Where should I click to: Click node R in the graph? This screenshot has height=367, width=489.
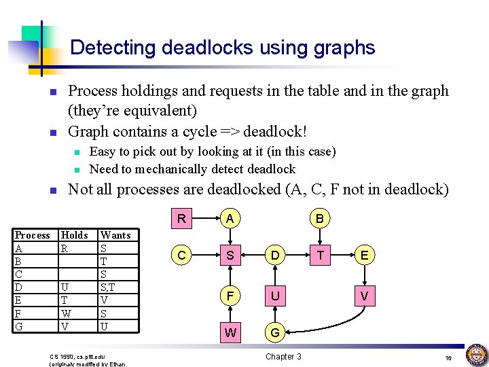tap(181, 219)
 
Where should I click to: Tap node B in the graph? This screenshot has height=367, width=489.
tap(319, 219)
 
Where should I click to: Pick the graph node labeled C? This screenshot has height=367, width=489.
tap(181, 256)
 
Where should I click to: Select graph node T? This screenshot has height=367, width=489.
tap(319, 256)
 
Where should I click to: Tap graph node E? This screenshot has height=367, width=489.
tap(365, 256)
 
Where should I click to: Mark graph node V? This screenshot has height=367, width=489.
tap(365, 296)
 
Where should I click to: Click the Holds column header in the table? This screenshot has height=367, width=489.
tap(74, 235)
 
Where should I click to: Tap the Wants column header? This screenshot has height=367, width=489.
tap(115, 235)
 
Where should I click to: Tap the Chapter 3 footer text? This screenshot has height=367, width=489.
tap(283, 356)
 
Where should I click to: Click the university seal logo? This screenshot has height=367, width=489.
tap(476, 355)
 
